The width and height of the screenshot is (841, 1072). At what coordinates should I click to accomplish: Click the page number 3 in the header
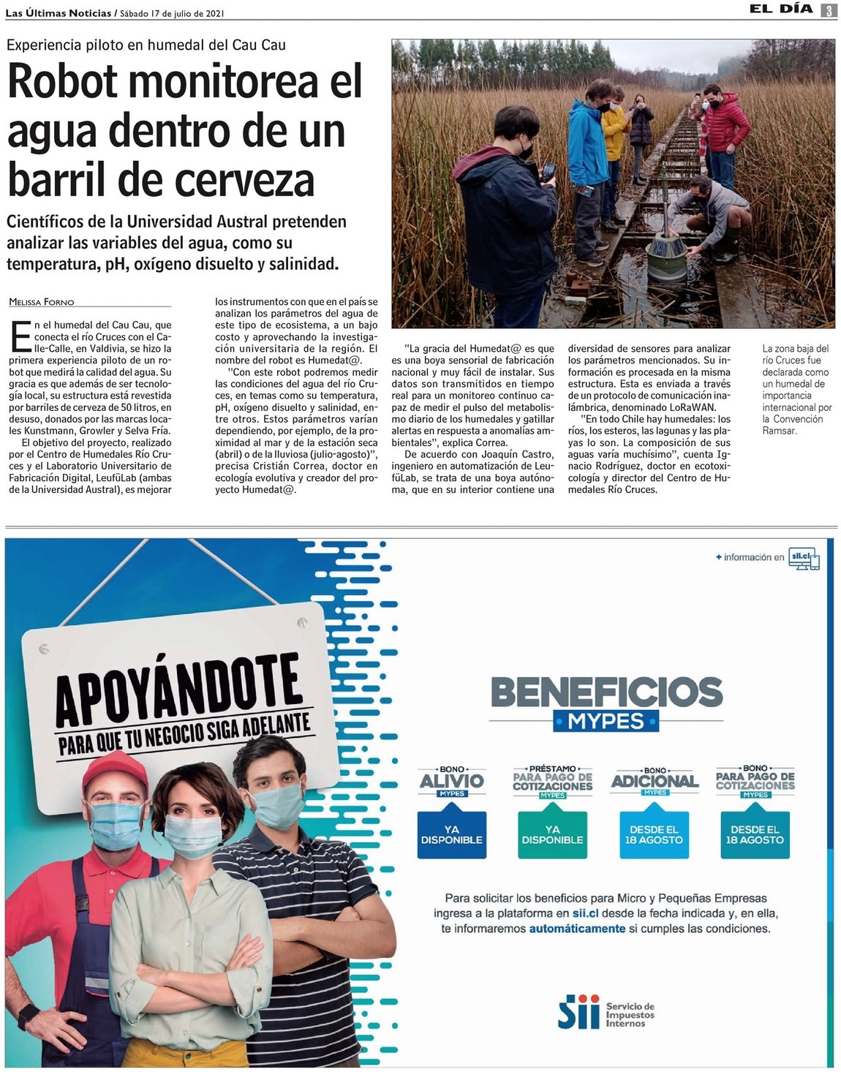829,10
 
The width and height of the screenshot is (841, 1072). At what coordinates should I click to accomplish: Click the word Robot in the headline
63,81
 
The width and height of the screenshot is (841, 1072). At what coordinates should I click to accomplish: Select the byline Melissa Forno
42,302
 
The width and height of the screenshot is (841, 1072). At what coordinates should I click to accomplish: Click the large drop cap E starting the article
21,336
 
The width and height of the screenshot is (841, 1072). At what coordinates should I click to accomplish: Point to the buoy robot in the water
666,254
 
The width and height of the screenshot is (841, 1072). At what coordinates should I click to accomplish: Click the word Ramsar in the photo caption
779,431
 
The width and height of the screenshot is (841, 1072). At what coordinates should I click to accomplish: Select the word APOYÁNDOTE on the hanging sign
178,688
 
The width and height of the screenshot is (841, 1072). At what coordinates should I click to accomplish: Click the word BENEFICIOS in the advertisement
606,692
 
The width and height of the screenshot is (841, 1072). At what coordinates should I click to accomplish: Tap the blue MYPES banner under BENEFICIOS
606,721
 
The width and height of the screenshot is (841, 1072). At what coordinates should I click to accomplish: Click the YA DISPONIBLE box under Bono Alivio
451,834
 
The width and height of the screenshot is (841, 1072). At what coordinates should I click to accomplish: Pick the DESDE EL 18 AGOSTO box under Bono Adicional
654,834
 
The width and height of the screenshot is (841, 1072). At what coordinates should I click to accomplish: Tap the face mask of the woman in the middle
192,836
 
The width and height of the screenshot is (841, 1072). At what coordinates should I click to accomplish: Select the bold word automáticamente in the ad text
577,929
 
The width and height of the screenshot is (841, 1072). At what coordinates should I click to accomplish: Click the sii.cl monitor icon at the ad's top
804,559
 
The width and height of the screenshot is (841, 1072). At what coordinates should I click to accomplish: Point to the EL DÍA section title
780,10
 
